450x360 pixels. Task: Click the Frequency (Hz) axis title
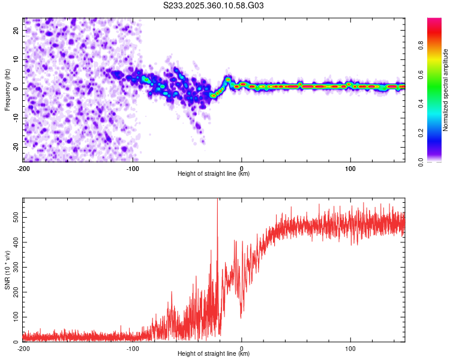click(x=7, y=89)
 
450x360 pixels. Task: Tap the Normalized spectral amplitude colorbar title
click(x=446, y=90)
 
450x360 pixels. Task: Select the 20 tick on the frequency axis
click(x=17, y=31)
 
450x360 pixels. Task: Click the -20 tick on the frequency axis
click(x=15, y=147)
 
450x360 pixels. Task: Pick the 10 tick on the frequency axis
click(x=17, y=60)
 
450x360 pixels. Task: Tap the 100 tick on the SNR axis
click(x=14, y=316)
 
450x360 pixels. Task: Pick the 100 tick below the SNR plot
click(x=350, y=349)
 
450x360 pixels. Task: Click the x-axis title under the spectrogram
click(x=214, y=174)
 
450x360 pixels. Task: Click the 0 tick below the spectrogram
click(x=241, y=168)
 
